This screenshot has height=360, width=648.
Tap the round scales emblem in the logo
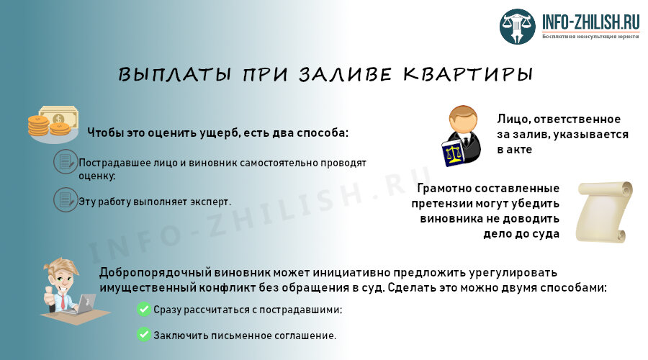tap(520, 27)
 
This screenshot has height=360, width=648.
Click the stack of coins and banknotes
tap(53, 122)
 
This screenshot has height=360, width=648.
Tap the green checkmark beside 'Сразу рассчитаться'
tap(143, 310)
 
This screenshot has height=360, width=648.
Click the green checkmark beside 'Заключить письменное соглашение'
tap(143, 335)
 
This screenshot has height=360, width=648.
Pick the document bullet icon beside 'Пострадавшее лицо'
tap(65, 162)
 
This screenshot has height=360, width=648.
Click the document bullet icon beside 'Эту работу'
tap(65, 199)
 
